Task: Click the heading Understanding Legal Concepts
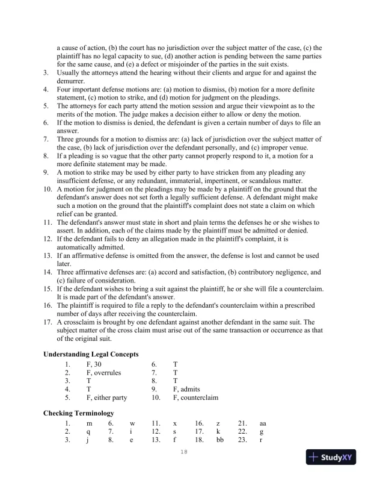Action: (91, 354)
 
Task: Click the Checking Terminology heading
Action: (78, 413)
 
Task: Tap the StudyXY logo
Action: (332, 457)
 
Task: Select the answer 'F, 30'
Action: (95, 364)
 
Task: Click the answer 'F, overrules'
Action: (103, 373)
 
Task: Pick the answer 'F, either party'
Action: (106, 397)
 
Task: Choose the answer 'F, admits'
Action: (186, 389)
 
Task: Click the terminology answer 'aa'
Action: (262, 423)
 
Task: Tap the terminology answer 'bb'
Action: (219, 440)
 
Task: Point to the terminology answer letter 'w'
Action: (132, 423)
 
